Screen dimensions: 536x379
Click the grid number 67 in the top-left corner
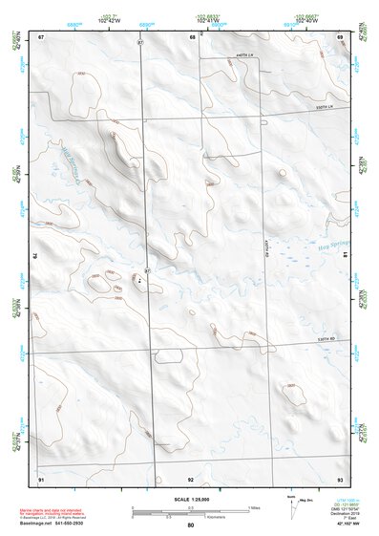coord(42,36)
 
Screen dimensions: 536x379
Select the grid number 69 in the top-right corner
coord(340,36)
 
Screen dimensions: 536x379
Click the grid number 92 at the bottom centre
coord(191,478)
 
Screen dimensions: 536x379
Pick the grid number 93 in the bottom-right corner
coord(340,478)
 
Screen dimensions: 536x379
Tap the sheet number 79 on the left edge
coord(33,256)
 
